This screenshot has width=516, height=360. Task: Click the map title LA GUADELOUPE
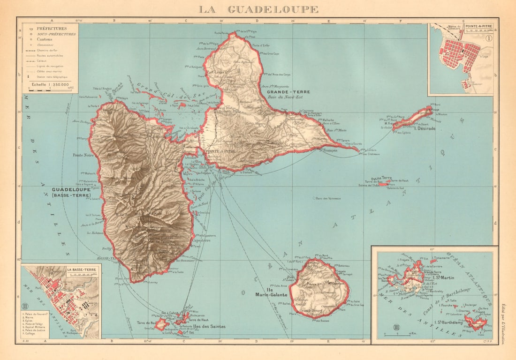258,9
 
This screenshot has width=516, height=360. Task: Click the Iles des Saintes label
210,326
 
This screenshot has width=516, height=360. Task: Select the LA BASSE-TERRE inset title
83,270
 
